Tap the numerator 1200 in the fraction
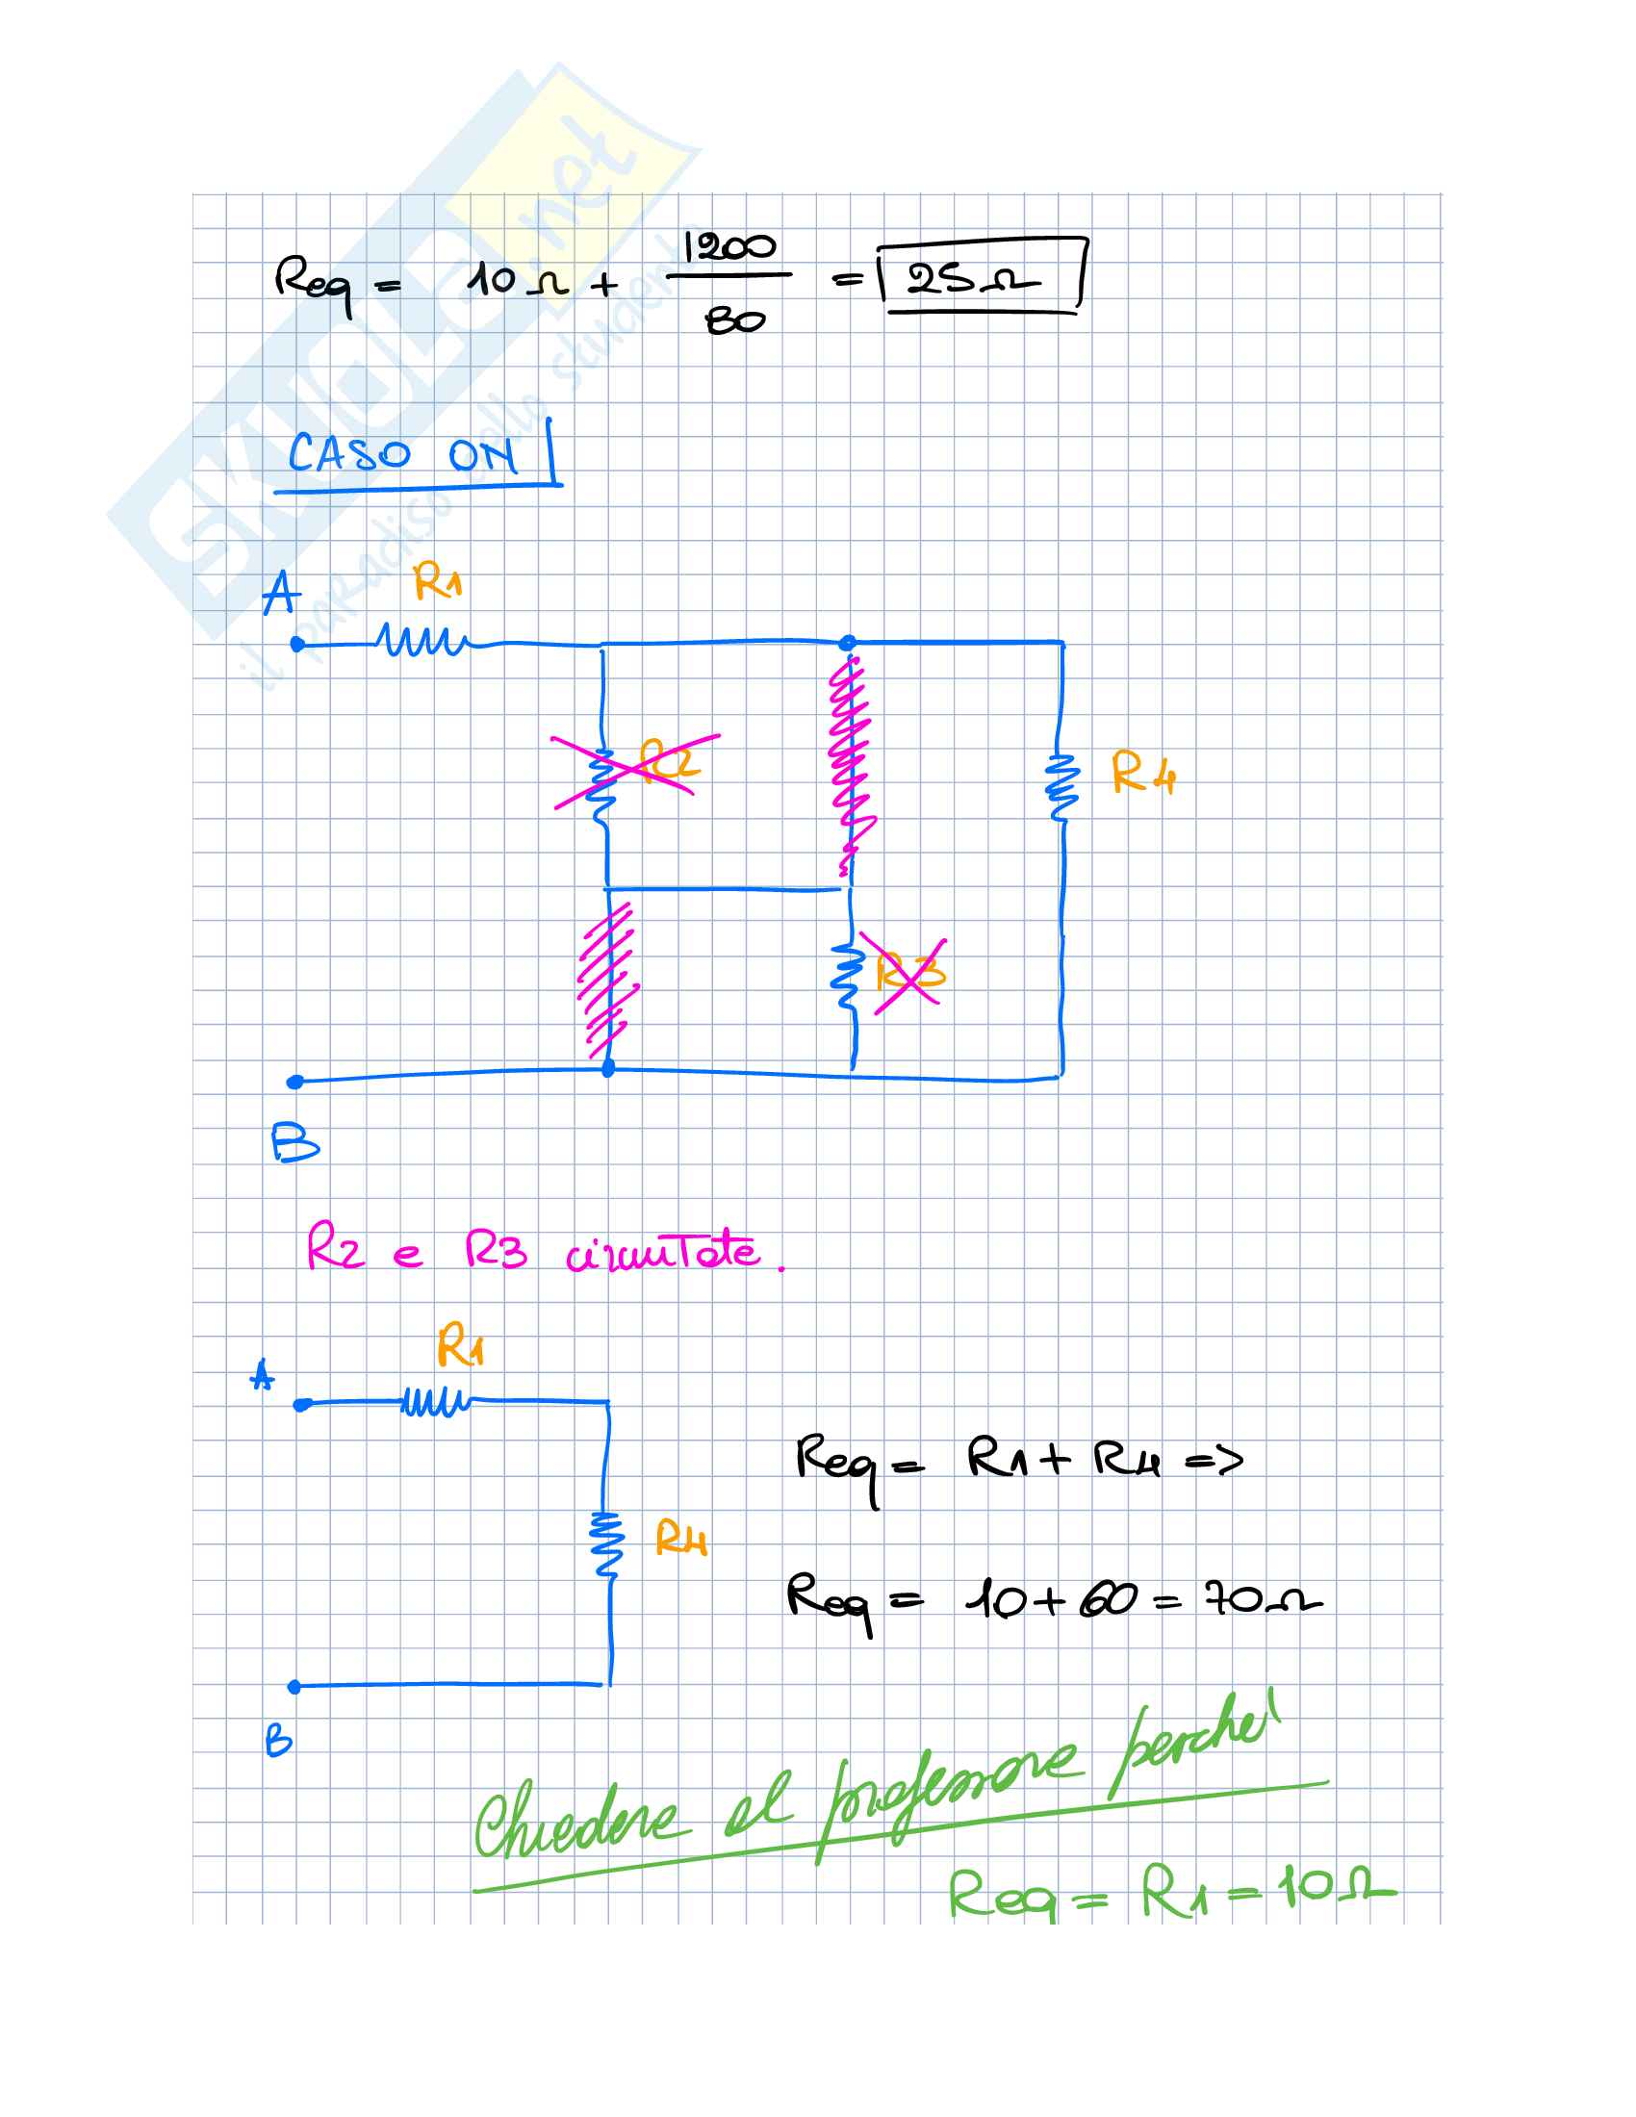(x=729, y=247)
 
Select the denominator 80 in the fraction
(x=734, y=319)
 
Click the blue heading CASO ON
(x=401, y=453)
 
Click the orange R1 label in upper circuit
(x=437, y=582)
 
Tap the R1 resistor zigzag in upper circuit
(x=422, y=640)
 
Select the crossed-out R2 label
(x=669, y=761)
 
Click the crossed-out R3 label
(x=908, y=971)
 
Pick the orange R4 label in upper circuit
(x=1142, y=773)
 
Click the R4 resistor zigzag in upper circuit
(x=1061, y=787)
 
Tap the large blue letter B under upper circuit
(x=294, y=1143)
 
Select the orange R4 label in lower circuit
(x=680, y=1540)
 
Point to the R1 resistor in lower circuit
(x=436, y=1402)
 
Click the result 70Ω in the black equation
(x=1262, y=1597)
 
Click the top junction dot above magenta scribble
(x=848, y=642)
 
